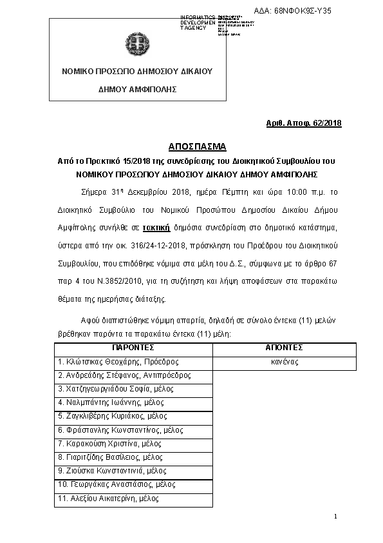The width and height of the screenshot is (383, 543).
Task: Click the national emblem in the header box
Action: coord(137,45)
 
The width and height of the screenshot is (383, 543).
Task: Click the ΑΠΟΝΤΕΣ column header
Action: coord(284,348)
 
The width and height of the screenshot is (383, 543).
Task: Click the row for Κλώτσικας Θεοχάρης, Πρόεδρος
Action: coord(118,362)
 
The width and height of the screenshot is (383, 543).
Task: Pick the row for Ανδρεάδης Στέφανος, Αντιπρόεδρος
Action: coord(124,375)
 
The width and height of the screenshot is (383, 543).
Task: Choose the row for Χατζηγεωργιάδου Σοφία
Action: coord(116,389)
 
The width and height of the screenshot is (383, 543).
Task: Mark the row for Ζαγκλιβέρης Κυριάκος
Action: coord(113,416)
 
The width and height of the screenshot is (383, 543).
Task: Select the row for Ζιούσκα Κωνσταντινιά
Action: coord(112,471)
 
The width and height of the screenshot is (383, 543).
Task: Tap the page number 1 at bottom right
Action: coord(335,517)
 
